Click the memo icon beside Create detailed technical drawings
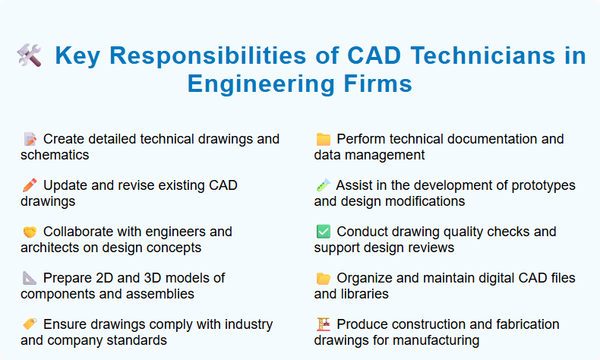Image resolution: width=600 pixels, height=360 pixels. (x=30, y=139)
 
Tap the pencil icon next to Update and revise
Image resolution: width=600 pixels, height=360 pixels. (x=30, y=185)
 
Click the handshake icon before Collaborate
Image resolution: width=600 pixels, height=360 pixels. (x=30, y=232)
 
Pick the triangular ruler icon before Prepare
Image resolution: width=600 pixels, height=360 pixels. (x=30, y=278)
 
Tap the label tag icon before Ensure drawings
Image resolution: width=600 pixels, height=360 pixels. (x=30, y=324)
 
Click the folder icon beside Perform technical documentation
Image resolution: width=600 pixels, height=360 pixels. (x=323, y=139)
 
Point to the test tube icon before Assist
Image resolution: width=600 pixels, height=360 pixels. (x=323, y=185)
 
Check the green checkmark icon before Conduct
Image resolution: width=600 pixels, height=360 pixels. (x=323, y=232)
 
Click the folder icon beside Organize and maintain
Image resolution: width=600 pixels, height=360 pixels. (x=323, y=278)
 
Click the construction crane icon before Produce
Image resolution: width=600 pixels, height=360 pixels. (x=323, y=324)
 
